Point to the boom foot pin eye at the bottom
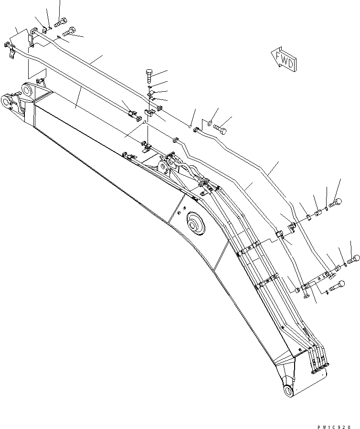[289, 390]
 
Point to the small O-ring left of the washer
[190, 126]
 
